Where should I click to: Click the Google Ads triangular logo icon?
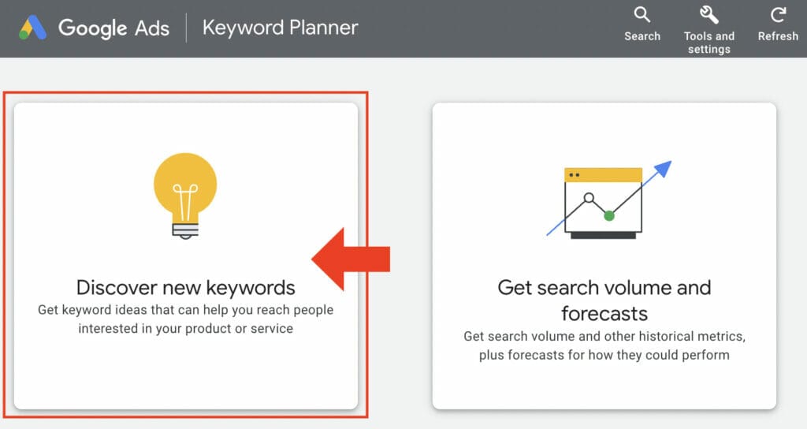pyautogui.click(x=32, y=28)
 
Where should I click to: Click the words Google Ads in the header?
pyautogui.click(x=113, y=28)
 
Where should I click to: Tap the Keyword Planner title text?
pyautogui.click(x=280, y=28)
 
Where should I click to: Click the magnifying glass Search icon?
pyautogui.click(x=642, y=14)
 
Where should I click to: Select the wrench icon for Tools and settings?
pyautogui.click(x=708, y=14)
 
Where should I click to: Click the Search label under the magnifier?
pyautogui.click(x=642, y=36)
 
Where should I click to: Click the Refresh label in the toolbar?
pyautogui.click(x=778, y=36)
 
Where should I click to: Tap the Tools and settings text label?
pyautogui.click(x=708, y=43)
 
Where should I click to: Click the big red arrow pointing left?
pyautogui.click(x=351, y=259)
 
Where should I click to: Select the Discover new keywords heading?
pyautogui.click(x=185, y=287)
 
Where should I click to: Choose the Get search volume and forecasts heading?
pyautogui.click(x=604, y=300)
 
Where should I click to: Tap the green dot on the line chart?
pyautogui.click(x=608, y=214)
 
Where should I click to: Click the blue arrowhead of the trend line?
pyautogui.click(x=664, y=169)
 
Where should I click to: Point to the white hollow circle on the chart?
pyautogui.click(x=588, y=197)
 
